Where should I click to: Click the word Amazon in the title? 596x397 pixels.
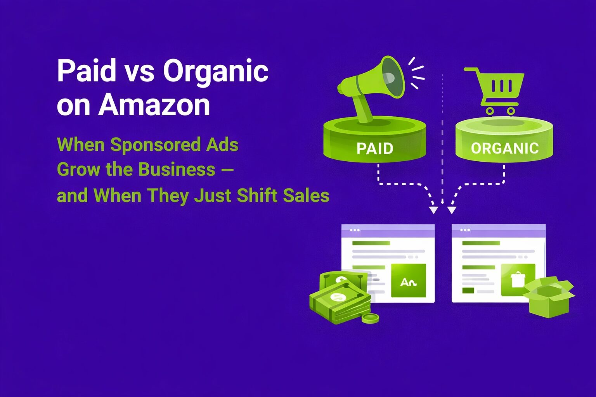point(154,105)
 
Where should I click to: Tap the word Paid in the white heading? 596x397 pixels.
point(87,71)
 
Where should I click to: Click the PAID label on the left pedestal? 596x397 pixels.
point(375,148)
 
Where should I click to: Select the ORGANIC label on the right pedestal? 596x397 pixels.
point(504,148)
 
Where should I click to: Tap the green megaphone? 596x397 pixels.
point(372,87)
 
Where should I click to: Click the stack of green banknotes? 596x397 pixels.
point(340,297)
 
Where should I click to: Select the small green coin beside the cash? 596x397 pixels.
point(370,318)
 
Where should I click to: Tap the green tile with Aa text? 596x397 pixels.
point(408,281)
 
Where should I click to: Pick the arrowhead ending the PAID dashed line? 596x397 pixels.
point(433,210)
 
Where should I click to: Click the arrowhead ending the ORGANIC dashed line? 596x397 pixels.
point(452,210)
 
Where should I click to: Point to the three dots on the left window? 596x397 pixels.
point(355,230)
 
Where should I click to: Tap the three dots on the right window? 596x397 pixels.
point(465,230)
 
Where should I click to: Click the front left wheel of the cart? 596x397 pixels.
point(490,111)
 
